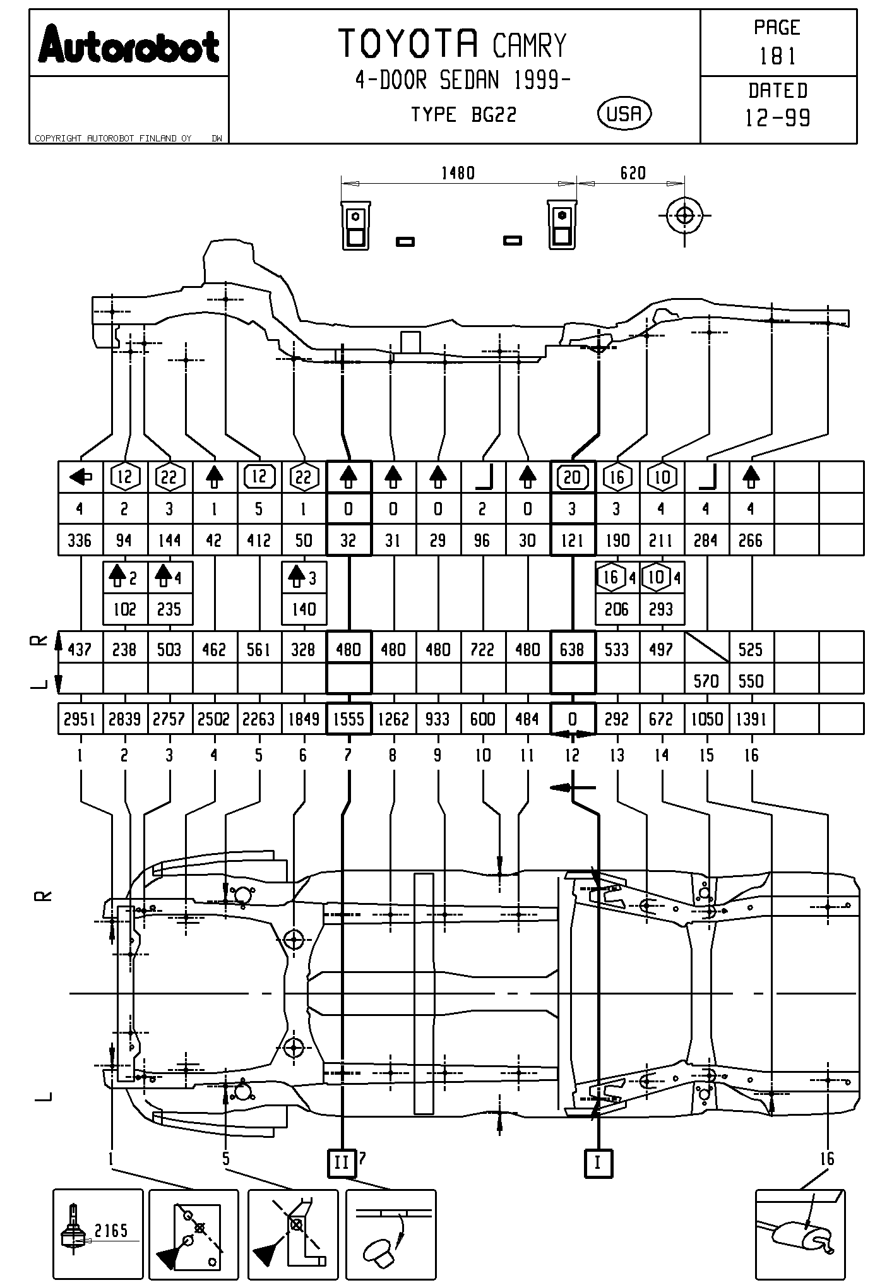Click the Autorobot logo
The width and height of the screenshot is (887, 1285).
(x=129, y=45)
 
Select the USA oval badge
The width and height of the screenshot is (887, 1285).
(x=624, y=114)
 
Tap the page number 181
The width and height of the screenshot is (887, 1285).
(x=778, y=57)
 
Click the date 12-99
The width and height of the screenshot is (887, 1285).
(x=778, y=117)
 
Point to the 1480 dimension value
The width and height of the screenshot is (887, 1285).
(x=458, y=173)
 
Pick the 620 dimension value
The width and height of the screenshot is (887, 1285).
(x=633, y=173)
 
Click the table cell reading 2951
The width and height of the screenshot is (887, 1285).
(x=80, y=719)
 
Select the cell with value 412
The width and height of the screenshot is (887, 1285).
(x=259, y=541)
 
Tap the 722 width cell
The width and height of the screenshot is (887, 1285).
(x=482, y=650)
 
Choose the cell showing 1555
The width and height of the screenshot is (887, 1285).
(x=348, y=719)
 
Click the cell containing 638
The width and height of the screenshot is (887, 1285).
(x=572, y=650)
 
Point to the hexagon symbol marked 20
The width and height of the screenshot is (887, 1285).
(x=572, y=477)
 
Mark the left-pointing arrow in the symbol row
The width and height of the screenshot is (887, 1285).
(x=81, y=477)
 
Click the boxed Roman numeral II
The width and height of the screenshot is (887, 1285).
(x=342, y=1162)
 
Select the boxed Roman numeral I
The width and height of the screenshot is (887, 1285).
(x=598, y=1162)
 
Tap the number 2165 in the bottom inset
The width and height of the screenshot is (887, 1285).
(x=111, y=1229)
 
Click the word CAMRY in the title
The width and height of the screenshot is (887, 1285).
(x=529, y=46)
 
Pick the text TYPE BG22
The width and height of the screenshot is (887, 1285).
(x=463, y=115)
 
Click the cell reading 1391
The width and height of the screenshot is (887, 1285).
(x=751, y=719)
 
